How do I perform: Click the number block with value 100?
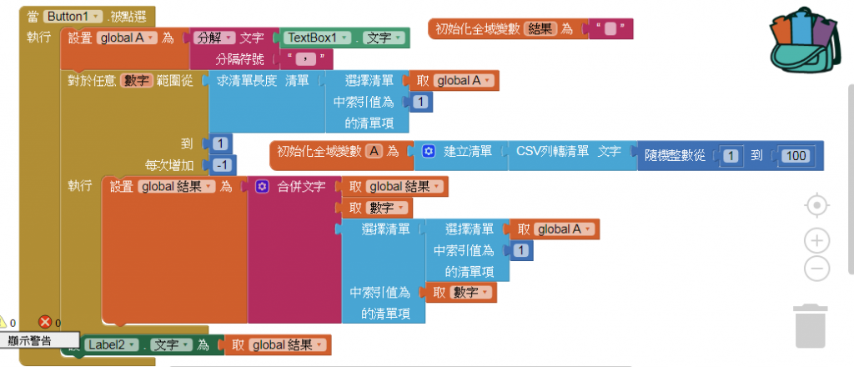796,155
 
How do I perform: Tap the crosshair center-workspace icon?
817,205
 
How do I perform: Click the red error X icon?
45,322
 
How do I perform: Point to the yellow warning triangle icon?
3,322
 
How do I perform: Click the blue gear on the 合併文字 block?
261,187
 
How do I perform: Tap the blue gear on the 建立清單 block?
429,152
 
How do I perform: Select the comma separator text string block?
306,58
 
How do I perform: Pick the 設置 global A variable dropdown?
128,38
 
